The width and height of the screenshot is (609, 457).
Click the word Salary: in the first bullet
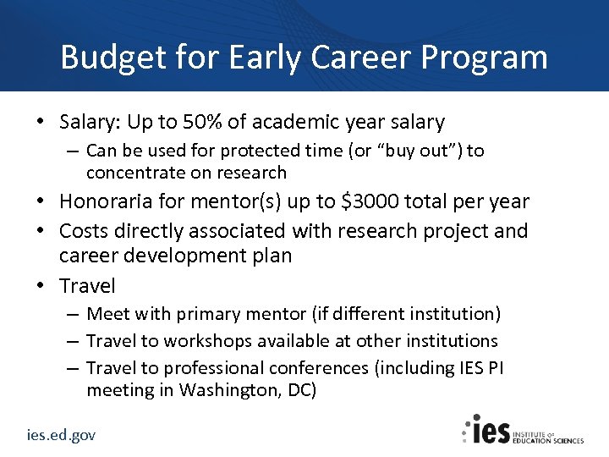pyautogui.click(x=91, y=122)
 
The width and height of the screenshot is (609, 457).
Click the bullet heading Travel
pyautogui.click(x=87, y=285)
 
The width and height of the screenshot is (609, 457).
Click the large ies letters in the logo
pyautogui.click(x=488, y=430)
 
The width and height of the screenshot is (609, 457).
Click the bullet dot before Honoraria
pyautogui.click(x=42, y=201)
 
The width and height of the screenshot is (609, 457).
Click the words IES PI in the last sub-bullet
pyautogui.click(x=475, y=368)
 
